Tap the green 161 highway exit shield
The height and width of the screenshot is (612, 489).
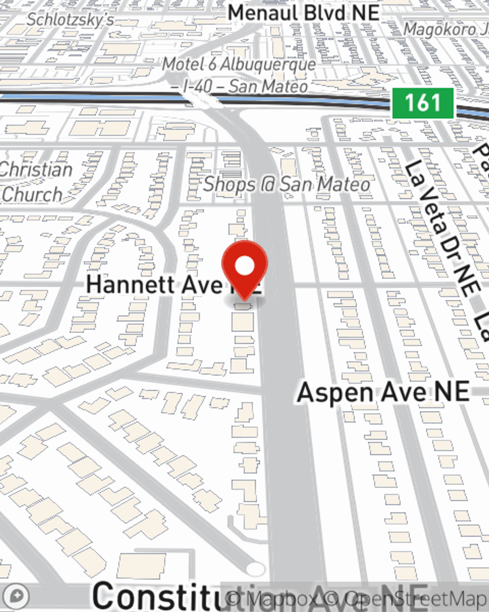[x=423, y=103]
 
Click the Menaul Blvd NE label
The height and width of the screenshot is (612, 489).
[x=304, y=13]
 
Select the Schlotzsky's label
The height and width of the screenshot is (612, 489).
[x=70, y=20]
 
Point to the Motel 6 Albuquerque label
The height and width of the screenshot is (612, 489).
[x=239, y=64]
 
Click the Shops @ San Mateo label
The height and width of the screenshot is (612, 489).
[x=287, y=185]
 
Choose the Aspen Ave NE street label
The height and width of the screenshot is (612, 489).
[x=383, y=392]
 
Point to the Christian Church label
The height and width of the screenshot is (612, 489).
[x=35, y=182]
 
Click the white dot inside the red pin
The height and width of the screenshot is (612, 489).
[x=244, y=266]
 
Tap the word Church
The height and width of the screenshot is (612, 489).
[x=32, y=194]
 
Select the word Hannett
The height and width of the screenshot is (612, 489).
[x=131, y=285]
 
